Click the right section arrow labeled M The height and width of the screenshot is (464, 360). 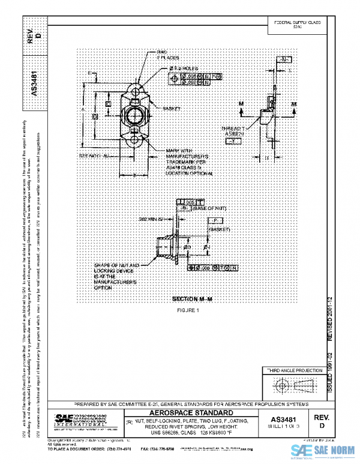(294, 104)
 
